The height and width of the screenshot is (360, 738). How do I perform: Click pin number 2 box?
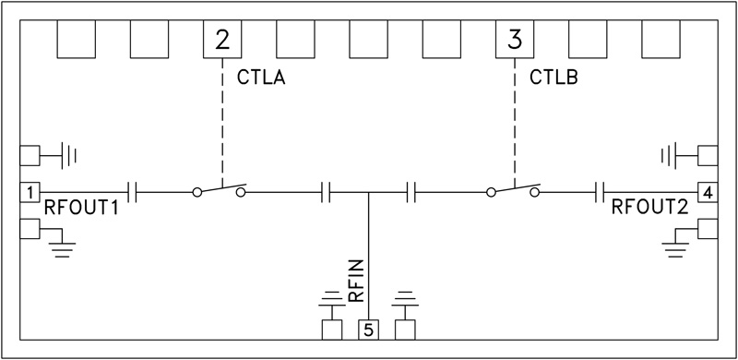tap(222, 40)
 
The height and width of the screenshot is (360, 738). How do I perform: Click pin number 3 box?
tap(515, 40)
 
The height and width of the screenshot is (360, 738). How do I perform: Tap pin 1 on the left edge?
tap(30, 192)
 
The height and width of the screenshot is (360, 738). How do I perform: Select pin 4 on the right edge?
tap(707, 192)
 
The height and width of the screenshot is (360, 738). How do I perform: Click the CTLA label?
tap(260, 78)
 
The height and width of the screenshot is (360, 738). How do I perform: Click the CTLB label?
tap(553, 78)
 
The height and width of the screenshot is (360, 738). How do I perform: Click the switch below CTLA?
tap(220, 189)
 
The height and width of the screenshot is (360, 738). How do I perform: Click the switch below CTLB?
tap(515, 189)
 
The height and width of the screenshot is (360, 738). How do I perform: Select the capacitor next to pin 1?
tap(134, 192)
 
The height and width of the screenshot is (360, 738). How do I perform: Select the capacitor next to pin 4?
tap(601, 192)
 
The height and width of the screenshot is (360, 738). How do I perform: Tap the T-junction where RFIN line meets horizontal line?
tap(368, 193)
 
